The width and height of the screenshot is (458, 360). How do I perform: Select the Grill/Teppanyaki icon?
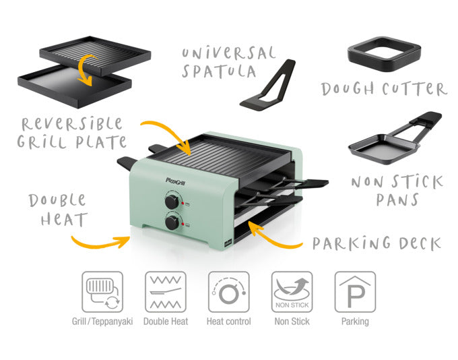point(102,291)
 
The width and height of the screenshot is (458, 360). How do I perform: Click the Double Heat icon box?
point(166,291)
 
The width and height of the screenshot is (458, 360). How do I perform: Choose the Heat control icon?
point(228,291)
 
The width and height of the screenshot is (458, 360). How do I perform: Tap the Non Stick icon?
point(292,291)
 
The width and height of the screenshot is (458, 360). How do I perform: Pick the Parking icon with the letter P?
point(355,291)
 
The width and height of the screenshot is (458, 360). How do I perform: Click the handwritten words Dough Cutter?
point(383,89)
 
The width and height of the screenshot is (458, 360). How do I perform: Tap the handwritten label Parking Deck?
point(377,242)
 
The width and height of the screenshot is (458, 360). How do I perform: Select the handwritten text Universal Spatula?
point(228,61)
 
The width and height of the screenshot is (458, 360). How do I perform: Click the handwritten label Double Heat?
point(58,210)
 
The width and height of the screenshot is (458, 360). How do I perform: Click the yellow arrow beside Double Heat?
point(101,240)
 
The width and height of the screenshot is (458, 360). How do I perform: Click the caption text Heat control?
point(228,322)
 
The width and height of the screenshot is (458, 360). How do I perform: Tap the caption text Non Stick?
point(292,322)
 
